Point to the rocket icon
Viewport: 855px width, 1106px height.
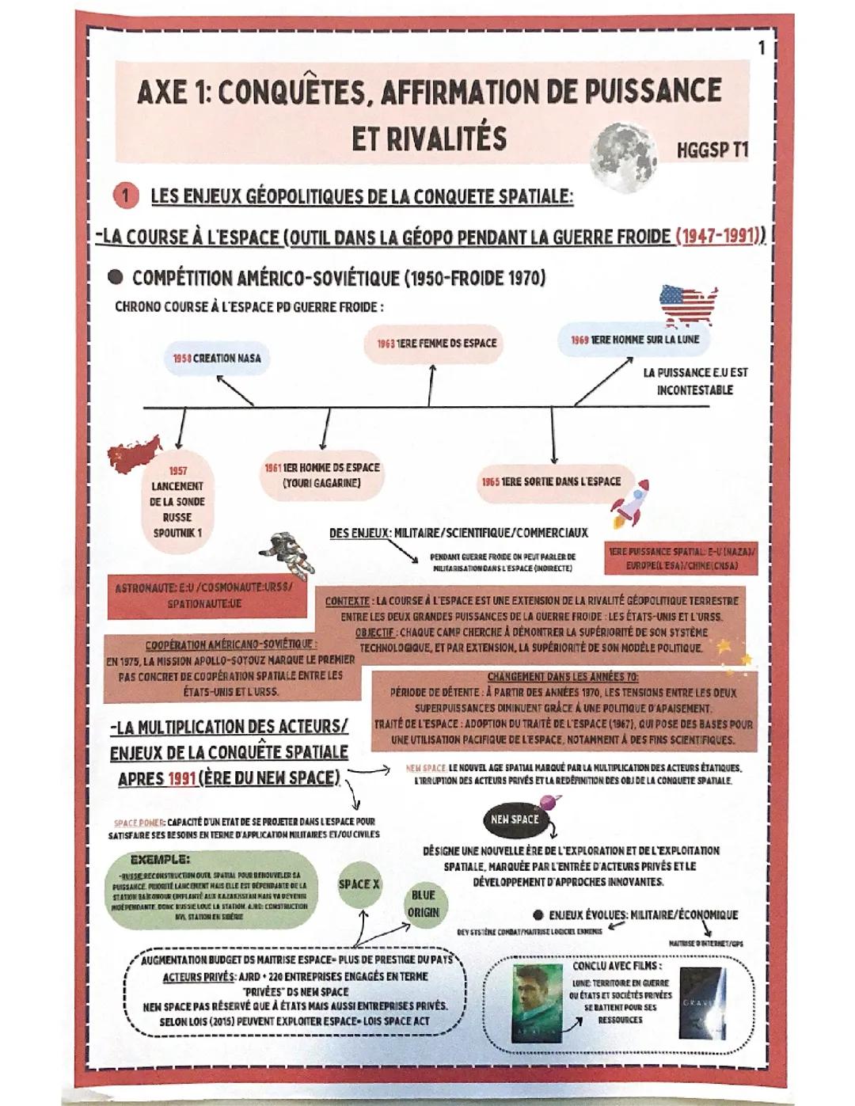coord(631,504)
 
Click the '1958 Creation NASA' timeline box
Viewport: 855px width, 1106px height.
coord(216,359)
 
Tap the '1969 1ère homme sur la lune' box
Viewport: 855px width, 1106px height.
coord(634,340)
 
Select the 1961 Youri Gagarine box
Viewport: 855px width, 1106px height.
coord(321,476)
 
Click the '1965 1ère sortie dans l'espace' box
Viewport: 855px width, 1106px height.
coord(552,481)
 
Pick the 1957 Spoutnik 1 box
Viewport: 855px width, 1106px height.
coord(177,501)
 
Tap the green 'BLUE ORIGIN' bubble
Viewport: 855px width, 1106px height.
coord(424,904)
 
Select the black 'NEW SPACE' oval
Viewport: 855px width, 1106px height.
coord(514,820)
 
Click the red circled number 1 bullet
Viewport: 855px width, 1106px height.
coord(126,196)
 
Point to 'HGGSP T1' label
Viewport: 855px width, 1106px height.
coord(712,150)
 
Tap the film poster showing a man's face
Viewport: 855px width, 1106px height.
coord(536,1001)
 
